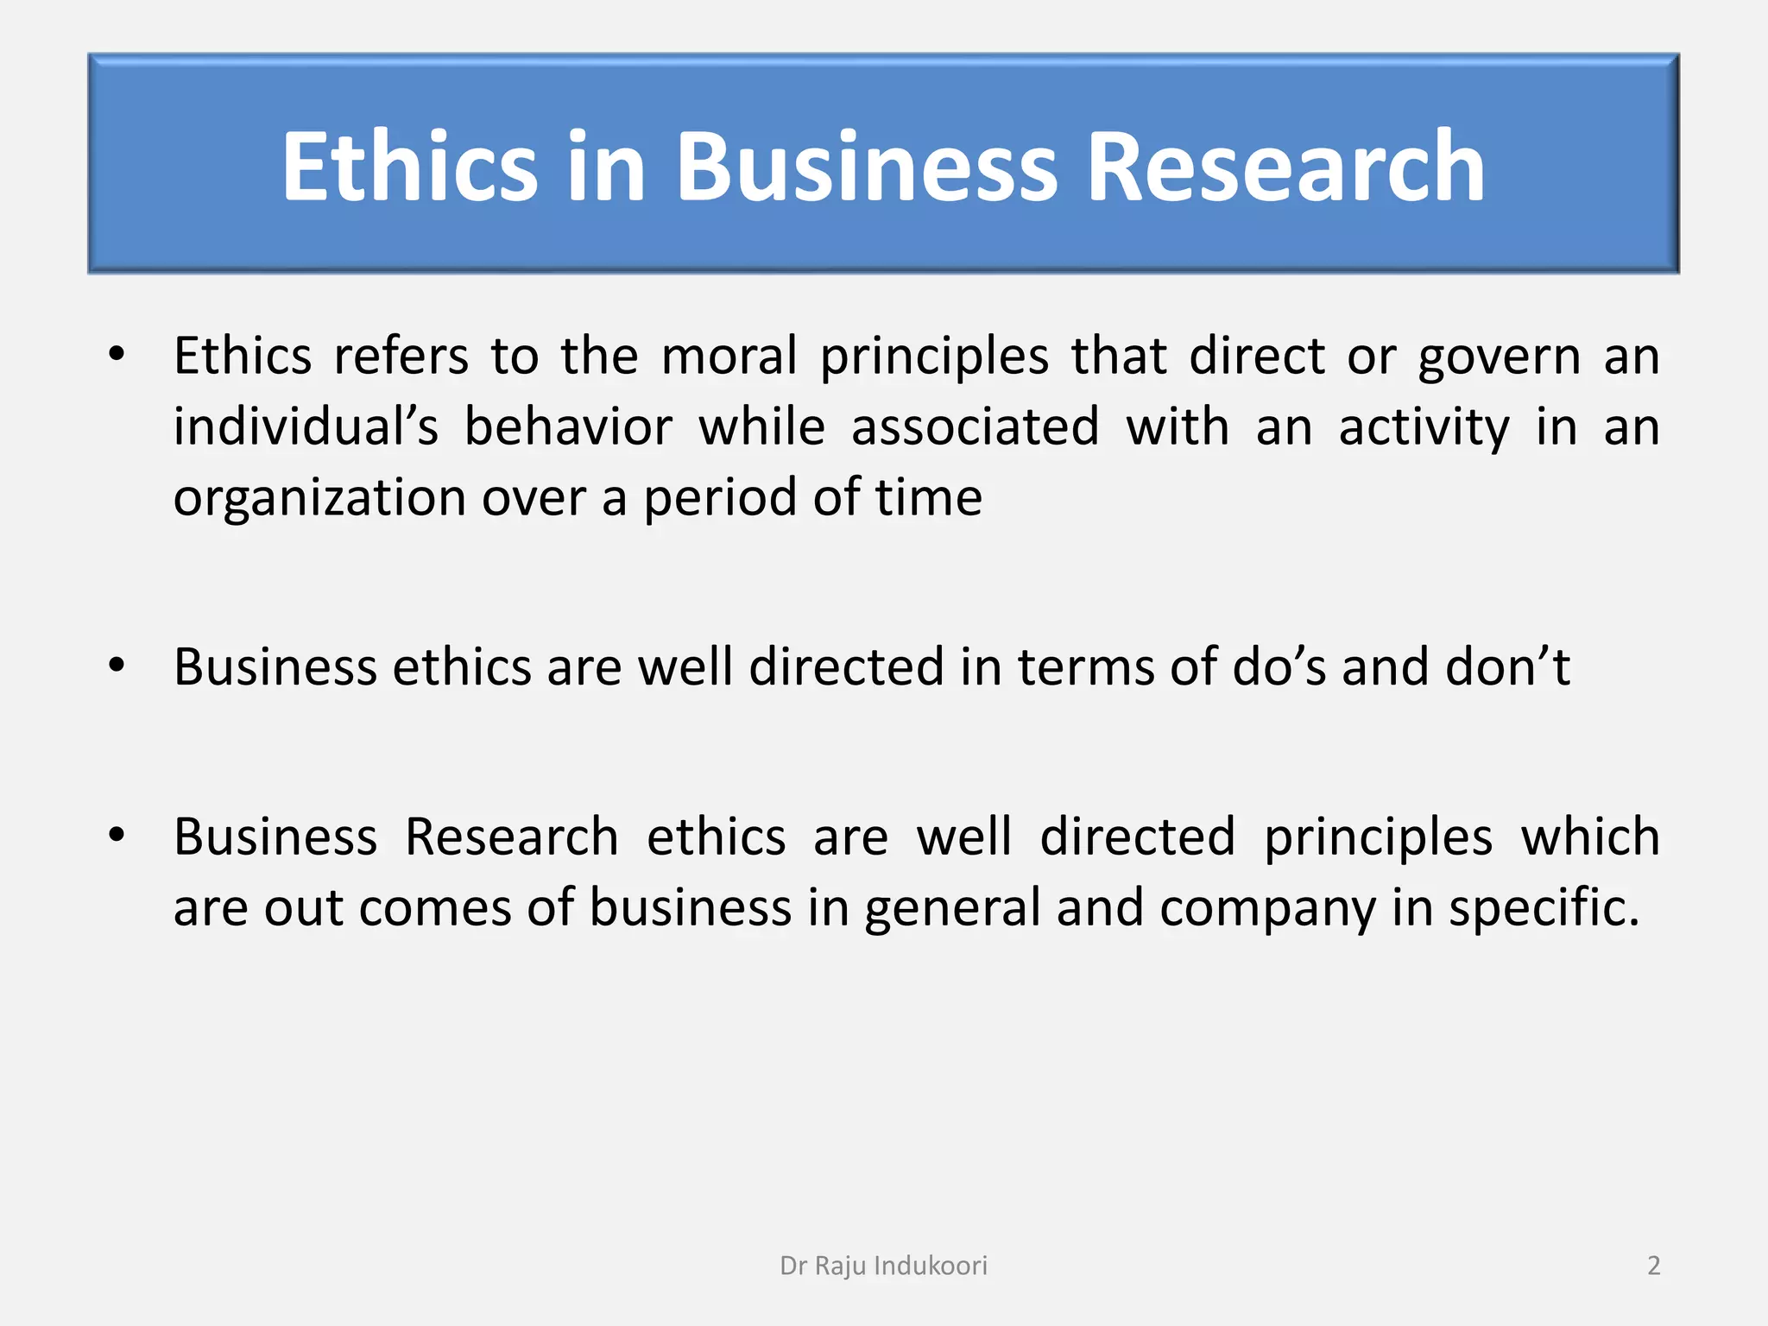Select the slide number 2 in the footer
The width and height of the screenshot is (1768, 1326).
coord(1653,1266)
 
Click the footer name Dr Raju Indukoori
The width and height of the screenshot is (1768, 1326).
coord(883,1266)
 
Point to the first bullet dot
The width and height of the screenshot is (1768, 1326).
coord(117,354)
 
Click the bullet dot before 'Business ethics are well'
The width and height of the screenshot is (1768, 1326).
coord(117,665)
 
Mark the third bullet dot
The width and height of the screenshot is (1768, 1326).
coord(117,835)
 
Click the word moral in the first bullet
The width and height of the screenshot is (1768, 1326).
coord(729,356)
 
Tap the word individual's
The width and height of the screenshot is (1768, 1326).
coord(306,426)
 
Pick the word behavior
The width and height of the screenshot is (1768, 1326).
coord(568,426)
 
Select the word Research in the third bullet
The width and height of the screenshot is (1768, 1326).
coord(512,837)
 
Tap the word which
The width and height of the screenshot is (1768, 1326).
coord(1590,837)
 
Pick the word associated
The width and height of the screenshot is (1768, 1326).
coord(976,426)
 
